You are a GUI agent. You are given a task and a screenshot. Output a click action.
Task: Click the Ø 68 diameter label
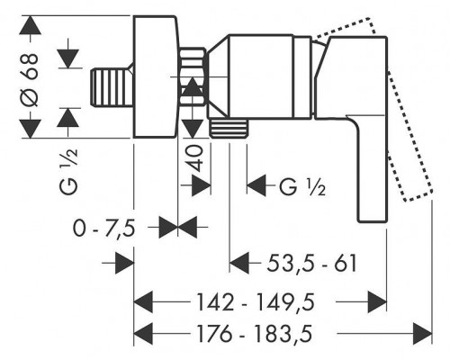click(x=31, y=80)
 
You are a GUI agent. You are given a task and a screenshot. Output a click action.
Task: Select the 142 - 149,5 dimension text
click(x=256, y=301)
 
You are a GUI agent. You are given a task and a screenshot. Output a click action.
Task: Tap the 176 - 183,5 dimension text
click(x=254, y=333)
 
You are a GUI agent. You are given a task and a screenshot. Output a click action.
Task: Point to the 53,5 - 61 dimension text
click(x=312, y=263)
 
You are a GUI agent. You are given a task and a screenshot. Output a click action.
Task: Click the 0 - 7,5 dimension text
click(x=103, y=229)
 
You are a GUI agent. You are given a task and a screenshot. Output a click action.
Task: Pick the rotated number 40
click(x=194, y=157)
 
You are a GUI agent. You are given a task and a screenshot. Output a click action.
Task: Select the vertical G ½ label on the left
click(x=69, y=172)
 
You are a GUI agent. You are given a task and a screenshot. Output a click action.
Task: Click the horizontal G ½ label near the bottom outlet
click(x=302, y=187)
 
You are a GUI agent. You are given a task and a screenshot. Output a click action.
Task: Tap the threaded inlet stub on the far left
click(x=112, y=87)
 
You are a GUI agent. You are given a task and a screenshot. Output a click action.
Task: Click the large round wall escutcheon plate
click(x=156, y=76)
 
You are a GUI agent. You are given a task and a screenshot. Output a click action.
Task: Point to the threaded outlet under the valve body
click(x=229, y=128)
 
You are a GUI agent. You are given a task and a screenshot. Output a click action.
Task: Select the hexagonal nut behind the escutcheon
click(x=193, y=76)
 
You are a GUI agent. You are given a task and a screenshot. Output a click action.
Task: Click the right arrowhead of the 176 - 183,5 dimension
click(x=423, y=334)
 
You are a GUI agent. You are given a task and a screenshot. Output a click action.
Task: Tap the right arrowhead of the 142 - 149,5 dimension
click(x=377, y=301)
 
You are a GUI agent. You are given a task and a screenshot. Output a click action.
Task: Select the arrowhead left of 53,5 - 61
click(x=239, y=263)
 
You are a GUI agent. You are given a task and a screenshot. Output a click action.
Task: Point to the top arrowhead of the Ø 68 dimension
click(x=30, y=25)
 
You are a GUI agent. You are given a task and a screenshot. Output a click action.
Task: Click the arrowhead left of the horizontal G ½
click(x=256, y=185)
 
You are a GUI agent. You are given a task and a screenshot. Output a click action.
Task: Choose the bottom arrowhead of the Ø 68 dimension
click(x=30, y=129)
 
